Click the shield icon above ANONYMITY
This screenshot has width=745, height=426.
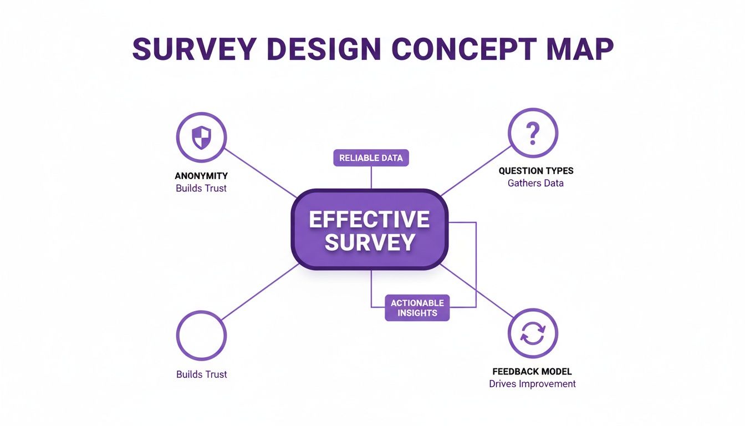click(201, 136)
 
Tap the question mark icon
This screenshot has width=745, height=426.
click(533, 133)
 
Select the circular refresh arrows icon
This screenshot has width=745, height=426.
click(533, 334)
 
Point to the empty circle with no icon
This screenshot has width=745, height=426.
click(201, 335)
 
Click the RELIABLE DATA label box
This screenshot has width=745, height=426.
click(371, 158)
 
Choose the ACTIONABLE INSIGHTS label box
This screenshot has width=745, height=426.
click(417, 308)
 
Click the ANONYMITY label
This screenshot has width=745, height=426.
click(201, 176)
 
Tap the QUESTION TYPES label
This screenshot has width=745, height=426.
click(535, 171)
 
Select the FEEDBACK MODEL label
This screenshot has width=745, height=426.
click(532, 372)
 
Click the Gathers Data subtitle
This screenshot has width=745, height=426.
click(535, 183)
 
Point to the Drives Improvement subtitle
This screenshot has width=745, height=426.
click(532, 384)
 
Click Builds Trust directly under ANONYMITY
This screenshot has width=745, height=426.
click(201, 188)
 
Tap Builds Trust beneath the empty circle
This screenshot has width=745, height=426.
click(202, 374)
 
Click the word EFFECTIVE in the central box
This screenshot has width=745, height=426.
click(369, 220)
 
